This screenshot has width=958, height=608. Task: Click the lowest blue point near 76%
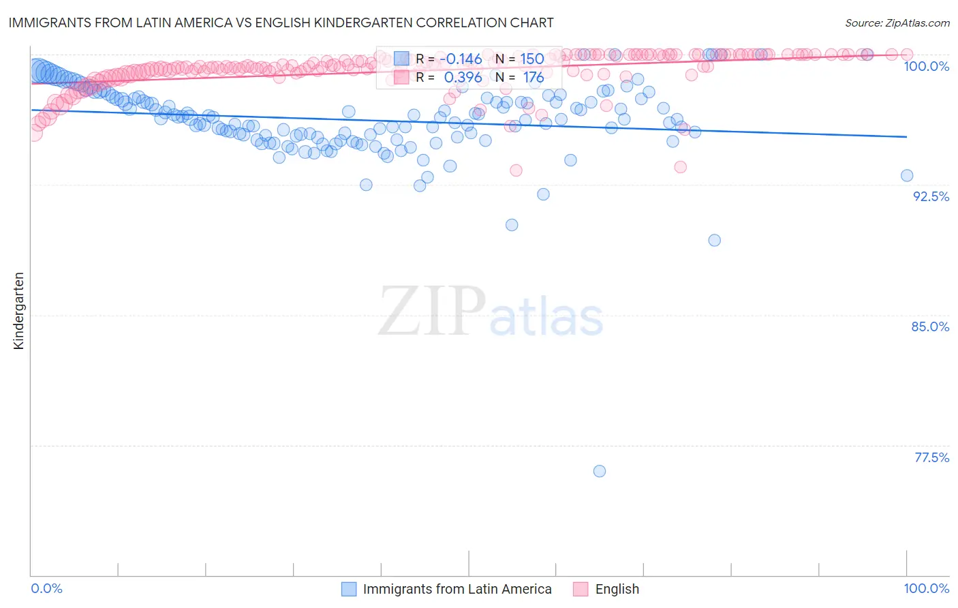[600, 471]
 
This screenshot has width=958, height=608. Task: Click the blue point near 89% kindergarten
[714, 240]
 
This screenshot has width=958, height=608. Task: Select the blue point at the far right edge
[907, 175]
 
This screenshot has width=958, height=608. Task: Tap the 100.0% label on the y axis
[927, 66]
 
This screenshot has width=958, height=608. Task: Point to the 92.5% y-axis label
[931, 196]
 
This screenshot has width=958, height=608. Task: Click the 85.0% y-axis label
[930, 326]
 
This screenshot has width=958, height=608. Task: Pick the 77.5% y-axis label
[931, 457]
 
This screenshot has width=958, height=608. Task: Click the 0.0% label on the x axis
[47, 588]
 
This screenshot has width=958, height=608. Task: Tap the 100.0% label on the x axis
[927, 588]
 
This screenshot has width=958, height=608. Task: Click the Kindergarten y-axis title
[18, 311]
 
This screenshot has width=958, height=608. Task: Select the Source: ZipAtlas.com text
[897, 22]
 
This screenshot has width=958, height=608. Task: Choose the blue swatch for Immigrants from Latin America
[349, 589]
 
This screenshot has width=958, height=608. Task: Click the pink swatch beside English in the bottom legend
[581, 589]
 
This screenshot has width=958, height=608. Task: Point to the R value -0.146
[460, 59]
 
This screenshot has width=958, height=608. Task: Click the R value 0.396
[463, 78]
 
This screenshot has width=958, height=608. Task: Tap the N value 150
[532, 59]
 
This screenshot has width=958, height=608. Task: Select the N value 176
[533, 78]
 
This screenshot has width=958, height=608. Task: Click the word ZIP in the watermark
[432, 311]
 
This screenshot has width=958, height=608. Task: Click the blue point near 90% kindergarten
[512, 225]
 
